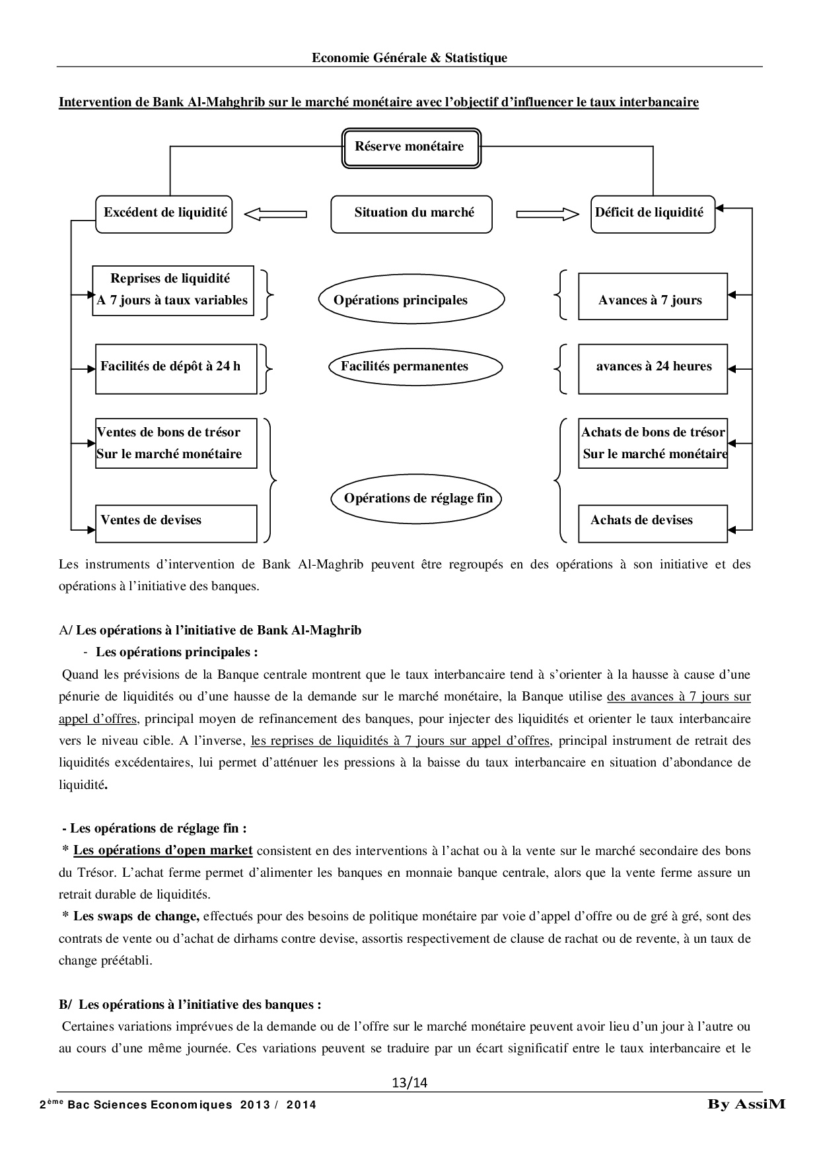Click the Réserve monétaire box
click(x=409, y=147)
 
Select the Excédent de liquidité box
click(x=164, y=213)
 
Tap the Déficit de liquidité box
click(x=652, y=213)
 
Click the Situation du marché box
click(x=411, y=213)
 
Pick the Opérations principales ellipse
click(x=411, y=300)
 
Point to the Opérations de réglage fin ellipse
click(x=417, y=498)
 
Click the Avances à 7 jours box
click(x=653, y=300)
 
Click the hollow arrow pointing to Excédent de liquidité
click(x=275, y=213)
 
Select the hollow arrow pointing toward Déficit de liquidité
click(x=548, y=213)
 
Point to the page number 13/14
click(x=409, y=1082)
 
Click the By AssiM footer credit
click(x=746, y=1104)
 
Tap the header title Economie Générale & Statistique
click(x=409, y=58)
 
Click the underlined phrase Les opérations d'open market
click(x=163, y=850)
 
